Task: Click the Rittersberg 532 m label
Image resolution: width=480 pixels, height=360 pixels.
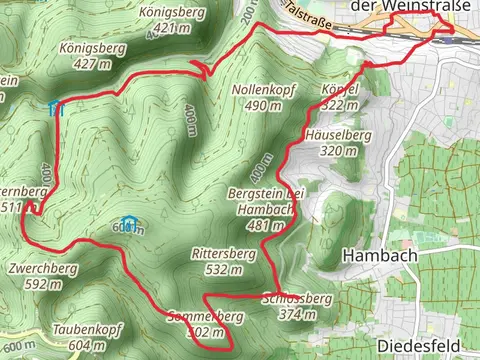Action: [x=222, y=261]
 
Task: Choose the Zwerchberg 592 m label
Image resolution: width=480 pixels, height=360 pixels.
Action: [x=42, y=276]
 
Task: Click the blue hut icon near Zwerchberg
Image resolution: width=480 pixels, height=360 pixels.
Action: [x=127, y=222]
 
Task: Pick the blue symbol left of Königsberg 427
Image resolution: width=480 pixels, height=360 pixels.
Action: [x=56, y=107]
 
